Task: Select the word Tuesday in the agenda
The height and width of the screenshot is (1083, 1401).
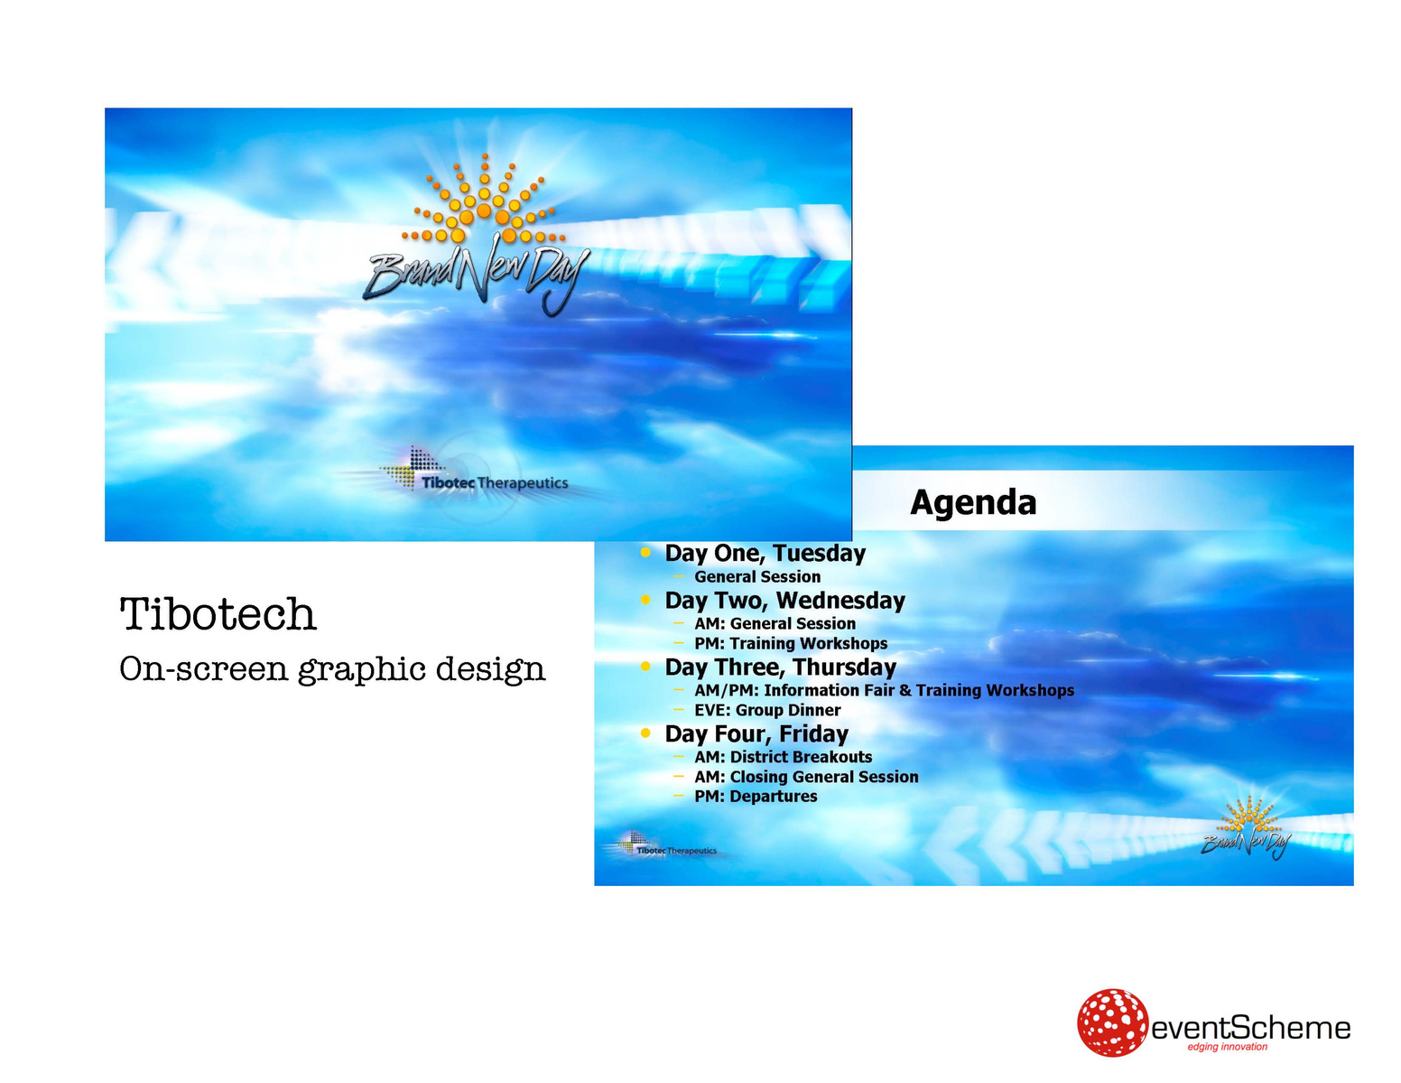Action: coord(819,553)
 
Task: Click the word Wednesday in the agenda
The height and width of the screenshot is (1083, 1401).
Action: coord(840,600)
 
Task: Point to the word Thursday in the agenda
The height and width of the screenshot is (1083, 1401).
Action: coord(845,667)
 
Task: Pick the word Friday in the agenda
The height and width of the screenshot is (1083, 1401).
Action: coord(813,733)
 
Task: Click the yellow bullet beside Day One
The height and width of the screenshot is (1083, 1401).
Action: coord(645,552)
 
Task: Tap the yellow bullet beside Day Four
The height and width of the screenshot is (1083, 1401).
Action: coord(645,733)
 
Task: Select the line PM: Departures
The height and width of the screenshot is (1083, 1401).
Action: coord(755,796)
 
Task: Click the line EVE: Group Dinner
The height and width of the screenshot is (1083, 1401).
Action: coord(767,710)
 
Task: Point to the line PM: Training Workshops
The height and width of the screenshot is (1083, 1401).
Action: coord(791,643)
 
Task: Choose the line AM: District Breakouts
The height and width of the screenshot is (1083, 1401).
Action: coord(783,757)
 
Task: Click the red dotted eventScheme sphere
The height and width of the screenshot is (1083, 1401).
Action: coord(1111,1022)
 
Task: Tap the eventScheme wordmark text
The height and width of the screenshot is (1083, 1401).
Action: coord(1250,1028)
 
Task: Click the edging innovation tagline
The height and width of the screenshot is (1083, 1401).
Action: coord(1227,1047)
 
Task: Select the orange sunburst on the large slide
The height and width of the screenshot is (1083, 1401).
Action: coord(484,200)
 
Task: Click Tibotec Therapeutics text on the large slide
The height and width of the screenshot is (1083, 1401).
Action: coord(495,482)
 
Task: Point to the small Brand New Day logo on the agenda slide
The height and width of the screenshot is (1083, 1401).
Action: coord(1246,827)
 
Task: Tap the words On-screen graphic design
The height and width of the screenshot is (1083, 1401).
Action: coord(332,668)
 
